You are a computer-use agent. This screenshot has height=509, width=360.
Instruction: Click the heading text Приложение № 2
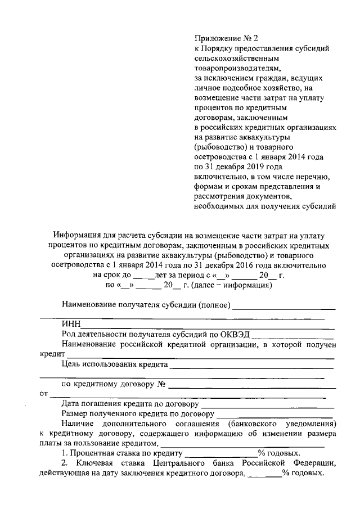[225, 39]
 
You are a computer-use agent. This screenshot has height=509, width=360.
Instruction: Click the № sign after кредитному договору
[160, 385]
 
